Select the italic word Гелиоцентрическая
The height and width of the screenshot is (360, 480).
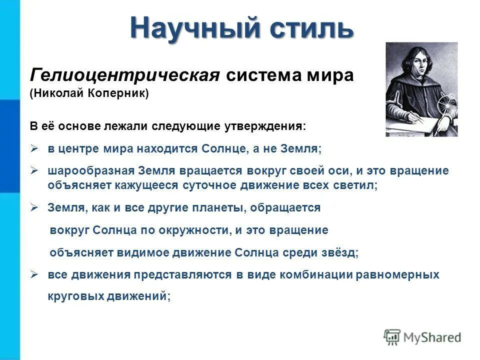click(x=125, y=75)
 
